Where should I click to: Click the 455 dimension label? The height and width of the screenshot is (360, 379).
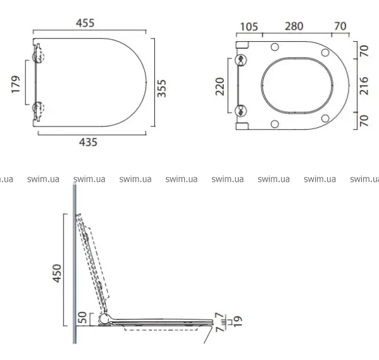(85, 23)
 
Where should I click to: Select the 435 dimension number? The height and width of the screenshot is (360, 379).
(88, 142)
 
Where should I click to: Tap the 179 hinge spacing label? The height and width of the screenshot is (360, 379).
(16, 84)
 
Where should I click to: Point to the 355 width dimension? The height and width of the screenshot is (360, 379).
(162, 88)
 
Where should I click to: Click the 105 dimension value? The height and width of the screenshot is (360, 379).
(249, 27)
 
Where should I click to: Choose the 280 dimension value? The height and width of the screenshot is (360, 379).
(294, 26)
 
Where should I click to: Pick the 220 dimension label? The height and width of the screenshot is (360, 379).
(220, 86)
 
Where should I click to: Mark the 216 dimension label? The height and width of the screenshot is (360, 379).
(364, 86)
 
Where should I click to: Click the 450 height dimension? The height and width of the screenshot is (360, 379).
(58, 273)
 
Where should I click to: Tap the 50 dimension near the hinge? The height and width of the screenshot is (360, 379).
(83, 318)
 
